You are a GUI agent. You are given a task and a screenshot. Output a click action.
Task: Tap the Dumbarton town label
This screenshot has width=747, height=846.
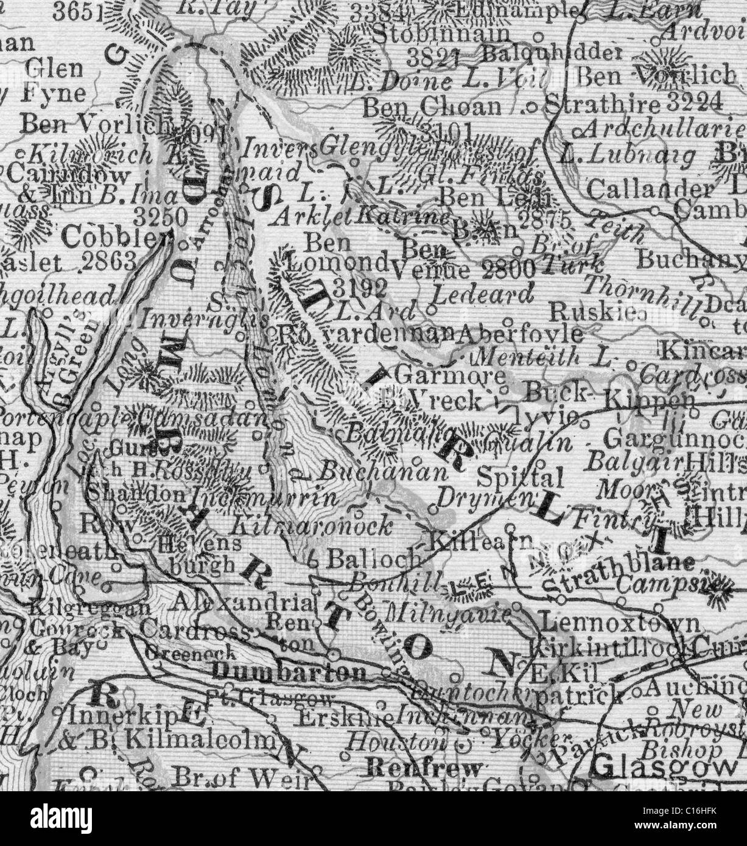point(289,672)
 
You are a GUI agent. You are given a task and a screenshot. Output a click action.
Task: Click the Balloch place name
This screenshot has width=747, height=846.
point(374,557)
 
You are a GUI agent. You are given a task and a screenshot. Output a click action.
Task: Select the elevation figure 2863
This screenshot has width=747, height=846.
point(108,263)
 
